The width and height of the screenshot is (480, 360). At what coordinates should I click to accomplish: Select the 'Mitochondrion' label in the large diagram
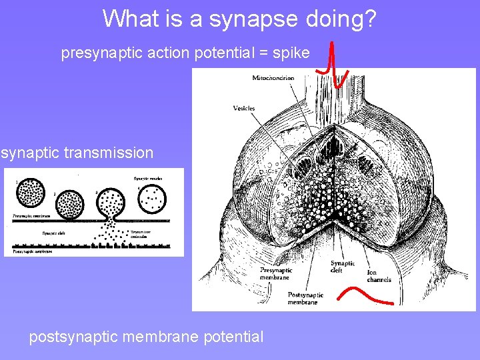click(x=273, y=78)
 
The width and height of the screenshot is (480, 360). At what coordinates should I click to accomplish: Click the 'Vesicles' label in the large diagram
click(x=244, y=108)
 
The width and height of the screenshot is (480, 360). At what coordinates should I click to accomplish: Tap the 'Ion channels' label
click(x=379, y=275)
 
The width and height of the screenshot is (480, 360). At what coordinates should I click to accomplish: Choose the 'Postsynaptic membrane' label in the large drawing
click(x=306, y=299)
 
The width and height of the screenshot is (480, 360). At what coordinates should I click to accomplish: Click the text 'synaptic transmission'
click(x=77, y=153)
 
